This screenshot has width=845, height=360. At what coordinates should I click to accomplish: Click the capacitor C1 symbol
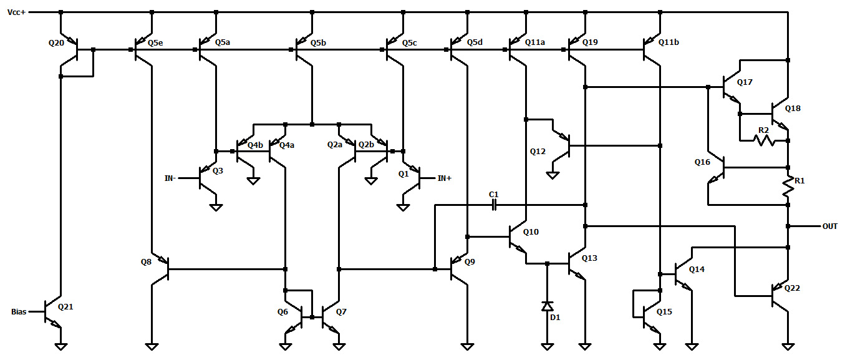click(495, 204)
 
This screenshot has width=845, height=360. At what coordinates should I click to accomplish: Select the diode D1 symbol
click(547, 307)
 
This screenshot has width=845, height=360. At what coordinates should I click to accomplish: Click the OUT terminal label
click(829, 226)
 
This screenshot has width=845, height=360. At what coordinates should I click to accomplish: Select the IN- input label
click(170, 178)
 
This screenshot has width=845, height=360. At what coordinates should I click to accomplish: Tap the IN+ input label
click(444, 178)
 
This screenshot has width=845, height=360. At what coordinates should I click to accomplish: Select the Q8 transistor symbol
click(162, 270)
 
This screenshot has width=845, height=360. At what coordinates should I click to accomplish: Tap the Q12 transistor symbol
click(563, 146)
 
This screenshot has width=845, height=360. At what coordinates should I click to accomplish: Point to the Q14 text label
click(697, 269)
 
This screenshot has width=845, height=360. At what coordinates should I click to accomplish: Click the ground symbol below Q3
click(216, 207)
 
